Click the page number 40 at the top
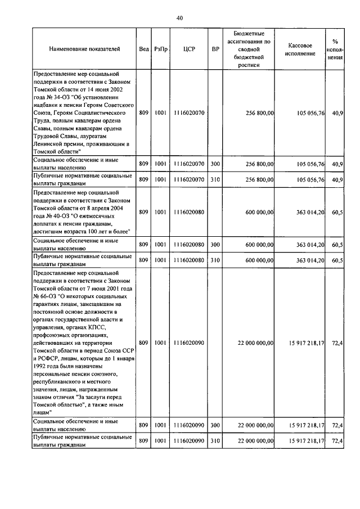179,18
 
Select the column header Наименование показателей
84,49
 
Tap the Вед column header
143,49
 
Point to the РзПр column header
160,49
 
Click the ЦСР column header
189,49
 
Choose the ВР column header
215,49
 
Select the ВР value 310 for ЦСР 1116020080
215,260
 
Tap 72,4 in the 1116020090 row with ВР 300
337,425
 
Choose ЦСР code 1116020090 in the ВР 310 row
189,441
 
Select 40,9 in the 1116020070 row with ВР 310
337,180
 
